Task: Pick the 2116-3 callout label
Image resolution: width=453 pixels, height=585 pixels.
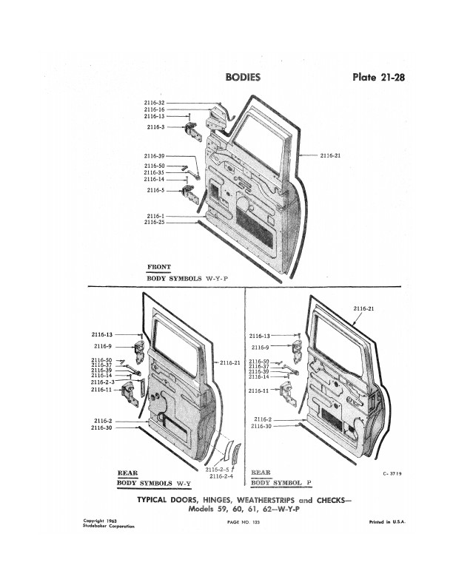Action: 155,127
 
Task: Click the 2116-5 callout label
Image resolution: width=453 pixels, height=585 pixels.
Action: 155,190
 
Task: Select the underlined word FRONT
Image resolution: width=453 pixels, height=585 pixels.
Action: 159,267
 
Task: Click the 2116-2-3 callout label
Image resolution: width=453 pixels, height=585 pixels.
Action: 101,382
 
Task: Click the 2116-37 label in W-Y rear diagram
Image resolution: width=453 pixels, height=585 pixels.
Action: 101,365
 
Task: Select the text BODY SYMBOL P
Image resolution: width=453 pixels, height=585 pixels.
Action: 281,483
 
